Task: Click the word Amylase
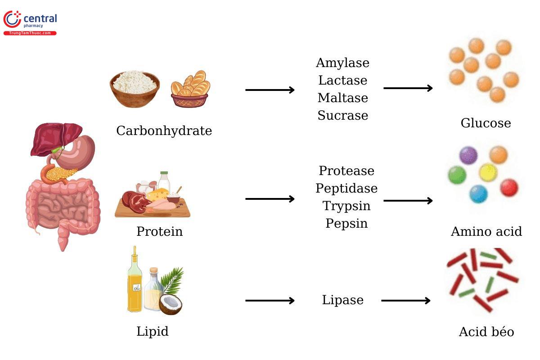point(342,63)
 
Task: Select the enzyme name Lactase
point(342,81)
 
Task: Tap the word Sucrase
point(342,116)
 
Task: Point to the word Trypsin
point(346,206)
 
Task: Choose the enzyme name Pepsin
point(346,223)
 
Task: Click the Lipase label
point(342,300)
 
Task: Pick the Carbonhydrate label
point(164,131)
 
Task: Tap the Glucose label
point(486,123)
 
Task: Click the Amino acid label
point(486,232)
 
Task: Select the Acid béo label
point(486,332)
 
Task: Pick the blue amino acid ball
point(478,194)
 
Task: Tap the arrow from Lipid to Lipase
point(270,301)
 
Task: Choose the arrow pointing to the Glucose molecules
point(408,88)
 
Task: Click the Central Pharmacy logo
point(30,22)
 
